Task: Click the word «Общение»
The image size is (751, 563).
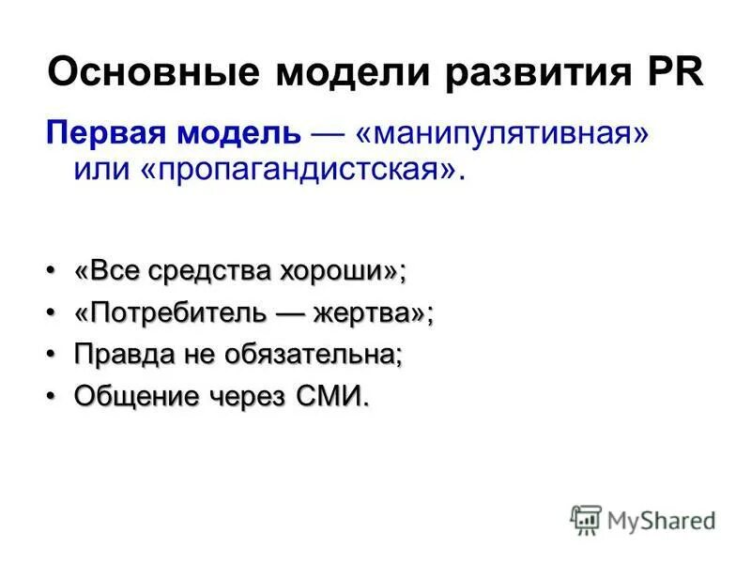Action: click(137, 396)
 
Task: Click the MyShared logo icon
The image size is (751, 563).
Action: click(586, 520)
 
